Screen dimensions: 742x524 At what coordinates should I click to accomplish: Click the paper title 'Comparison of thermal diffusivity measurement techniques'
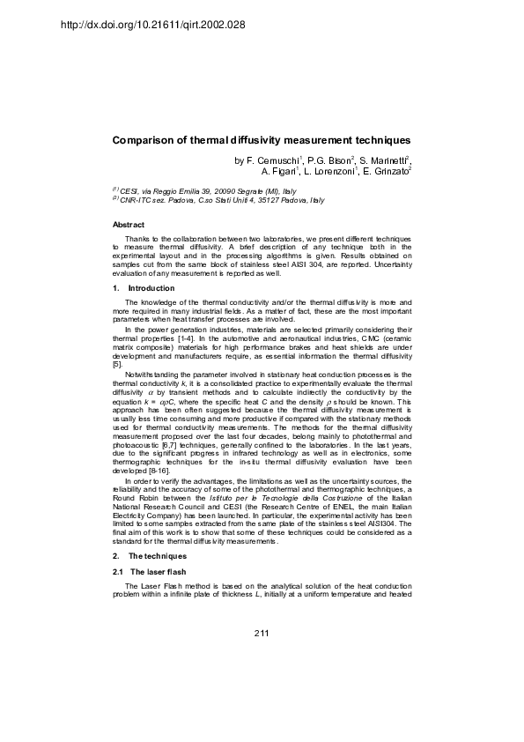pos(262,140)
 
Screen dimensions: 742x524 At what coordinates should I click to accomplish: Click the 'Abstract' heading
pos(129,226)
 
